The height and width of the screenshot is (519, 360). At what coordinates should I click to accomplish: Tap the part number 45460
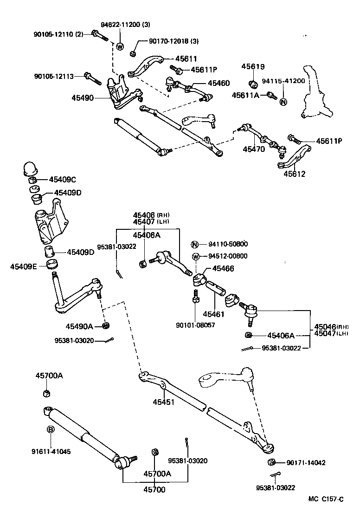click(x=218, y=83)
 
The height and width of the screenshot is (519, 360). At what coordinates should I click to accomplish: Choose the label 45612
click(x=295, y=174)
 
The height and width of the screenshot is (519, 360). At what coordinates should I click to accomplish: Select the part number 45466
click(x=223, y=268)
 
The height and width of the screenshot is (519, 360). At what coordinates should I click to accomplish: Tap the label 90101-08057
click(x=196, y=325)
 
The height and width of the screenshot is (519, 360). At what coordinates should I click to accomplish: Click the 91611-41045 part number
click(x=51, y=451)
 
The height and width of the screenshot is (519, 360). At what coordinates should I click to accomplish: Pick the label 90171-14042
click(x=306, y=462)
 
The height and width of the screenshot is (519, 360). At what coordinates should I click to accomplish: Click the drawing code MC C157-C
click(x=327, y=499)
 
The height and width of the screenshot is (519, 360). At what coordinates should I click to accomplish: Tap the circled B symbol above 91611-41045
click(x=51, y=430)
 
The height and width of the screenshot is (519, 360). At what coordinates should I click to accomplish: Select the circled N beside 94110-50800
click(x=195, y=245)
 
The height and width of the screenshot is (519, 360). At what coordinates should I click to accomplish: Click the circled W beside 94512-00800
click(x=195, y=256)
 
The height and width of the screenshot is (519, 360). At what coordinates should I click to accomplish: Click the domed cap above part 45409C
click(x=31, y=168)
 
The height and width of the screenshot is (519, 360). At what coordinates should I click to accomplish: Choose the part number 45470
click(x=254, y=149)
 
